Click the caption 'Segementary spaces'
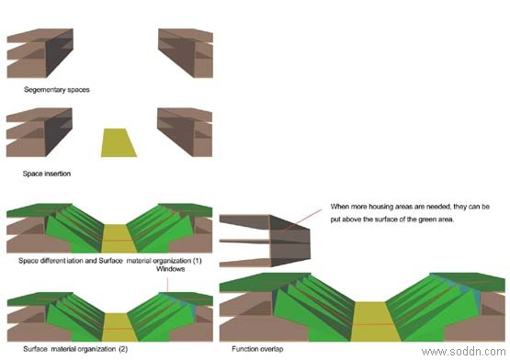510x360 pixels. [x=57, y=89]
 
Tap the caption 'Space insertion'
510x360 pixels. [x=47, y=174]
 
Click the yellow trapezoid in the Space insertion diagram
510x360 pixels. [x=119, y=142]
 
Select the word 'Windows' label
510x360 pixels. [x=170, y=269]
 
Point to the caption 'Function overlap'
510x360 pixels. [x=257, y=349]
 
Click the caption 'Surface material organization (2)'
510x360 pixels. [x=75, y=349]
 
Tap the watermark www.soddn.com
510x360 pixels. [x=463, y=352]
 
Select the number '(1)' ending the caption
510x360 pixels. [x=197, y=261]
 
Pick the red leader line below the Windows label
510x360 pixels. [x=167, y=285]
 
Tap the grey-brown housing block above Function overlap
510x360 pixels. [x=265, y=241]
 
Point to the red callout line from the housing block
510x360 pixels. [x=300, y=220]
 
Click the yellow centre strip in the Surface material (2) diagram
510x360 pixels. [x=119, y=327]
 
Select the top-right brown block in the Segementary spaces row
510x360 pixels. [x=186, y=52]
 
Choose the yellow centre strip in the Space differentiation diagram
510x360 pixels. [x=119, y=239]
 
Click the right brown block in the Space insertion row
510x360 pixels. [x=185, y=132]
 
